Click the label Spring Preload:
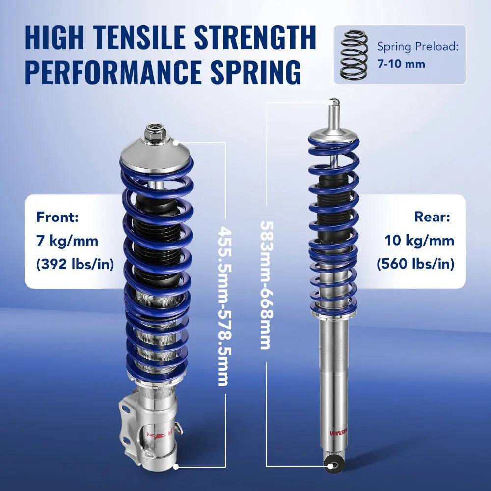[x=418, y=47]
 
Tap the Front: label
[x=57, y=217]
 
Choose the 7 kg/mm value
[x=67, y=241]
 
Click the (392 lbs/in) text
[x=75, y=264]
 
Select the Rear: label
[x=432, y=217]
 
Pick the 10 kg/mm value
[x=419, y=241]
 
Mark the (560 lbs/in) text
[x=415, y=264]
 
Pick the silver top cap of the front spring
[x=153, y=156]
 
